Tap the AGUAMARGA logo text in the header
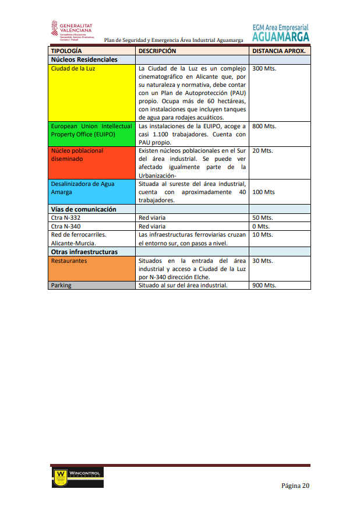(281, 36)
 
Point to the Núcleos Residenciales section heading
(84, 59)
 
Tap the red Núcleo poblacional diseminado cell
(91, 162)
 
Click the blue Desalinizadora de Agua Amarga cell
(91, 192)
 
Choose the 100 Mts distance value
(263, 192)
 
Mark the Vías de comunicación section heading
(83, 209)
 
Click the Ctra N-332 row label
(65, 218)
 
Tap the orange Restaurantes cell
(91, 269)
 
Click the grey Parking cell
(91, 286)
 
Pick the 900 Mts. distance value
(264, 286)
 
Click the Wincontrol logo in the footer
(77, 477)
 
